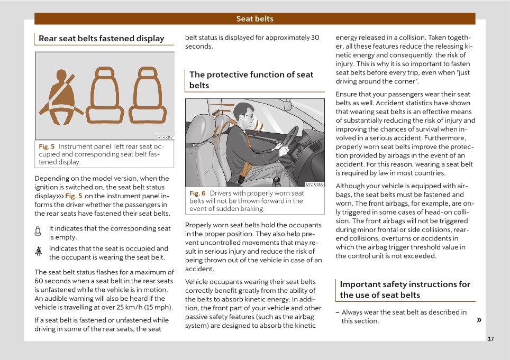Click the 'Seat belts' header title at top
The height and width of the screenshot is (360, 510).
tap(254, 19)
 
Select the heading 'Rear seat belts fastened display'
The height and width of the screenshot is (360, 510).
tap(101, 39)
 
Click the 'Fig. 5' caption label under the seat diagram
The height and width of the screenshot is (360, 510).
tap(47, 146)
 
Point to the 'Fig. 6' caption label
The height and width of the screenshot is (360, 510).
tap(197, 193)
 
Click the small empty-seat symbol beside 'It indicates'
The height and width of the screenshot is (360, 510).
tap(38, 231)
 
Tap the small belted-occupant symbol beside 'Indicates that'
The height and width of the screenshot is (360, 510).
tap(38, 252)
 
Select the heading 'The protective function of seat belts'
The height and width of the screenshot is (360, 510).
tap(251, 80)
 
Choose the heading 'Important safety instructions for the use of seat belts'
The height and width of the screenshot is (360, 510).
tap(405, 290)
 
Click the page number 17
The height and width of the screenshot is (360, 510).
tap(490, 339)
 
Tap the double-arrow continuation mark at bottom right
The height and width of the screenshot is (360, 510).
tap(479, 320)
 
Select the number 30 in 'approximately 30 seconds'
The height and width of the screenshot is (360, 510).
tap(315, 38)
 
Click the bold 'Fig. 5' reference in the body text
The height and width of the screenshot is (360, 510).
tap(74, 196)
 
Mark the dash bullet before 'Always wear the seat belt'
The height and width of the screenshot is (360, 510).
tap(338, 312)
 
